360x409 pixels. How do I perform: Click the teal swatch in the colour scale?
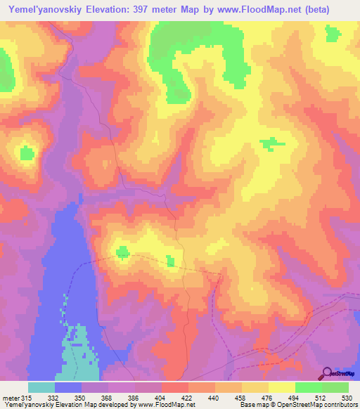point(41,388)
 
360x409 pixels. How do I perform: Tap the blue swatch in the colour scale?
point(68,388)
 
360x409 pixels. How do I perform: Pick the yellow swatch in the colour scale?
point(281,388)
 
